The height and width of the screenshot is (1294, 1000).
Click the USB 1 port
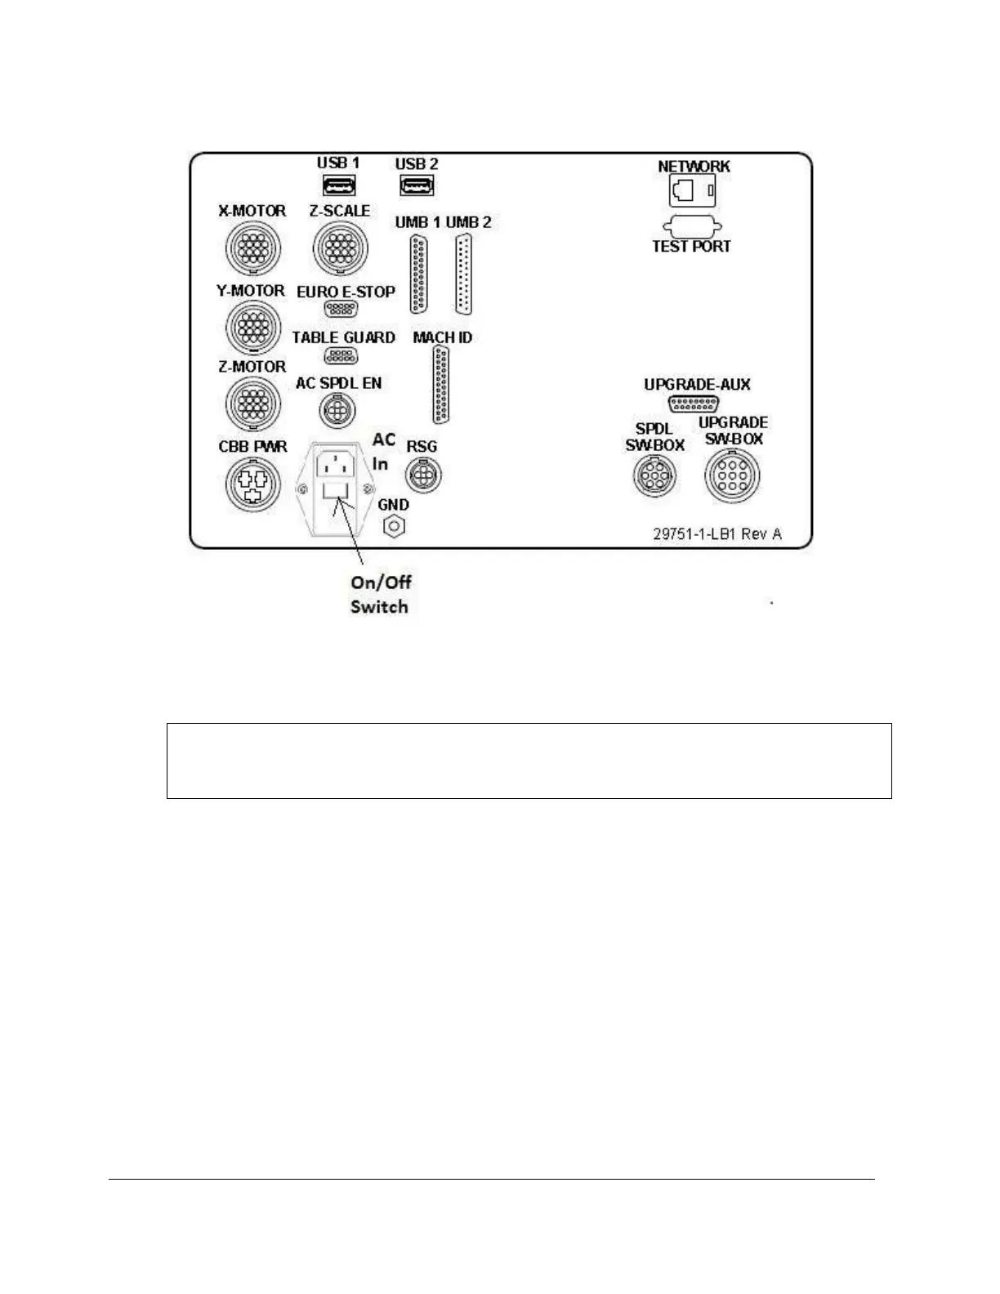coord(337,187)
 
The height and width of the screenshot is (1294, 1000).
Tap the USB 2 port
coord(416,186)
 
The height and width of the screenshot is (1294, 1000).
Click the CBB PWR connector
coord(252,484)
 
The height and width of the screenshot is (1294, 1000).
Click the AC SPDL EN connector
coord(334,410)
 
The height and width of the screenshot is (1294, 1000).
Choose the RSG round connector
coord(423,474)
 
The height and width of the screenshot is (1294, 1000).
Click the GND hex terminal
coord(394,527)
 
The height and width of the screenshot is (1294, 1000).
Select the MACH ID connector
coord(442,384)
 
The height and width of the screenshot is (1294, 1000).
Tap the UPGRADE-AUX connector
coord(694,404)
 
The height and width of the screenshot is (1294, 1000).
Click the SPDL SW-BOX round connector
coord(655,475)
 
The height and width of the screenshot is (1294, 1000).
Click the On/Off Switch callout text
coord(380,594)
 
